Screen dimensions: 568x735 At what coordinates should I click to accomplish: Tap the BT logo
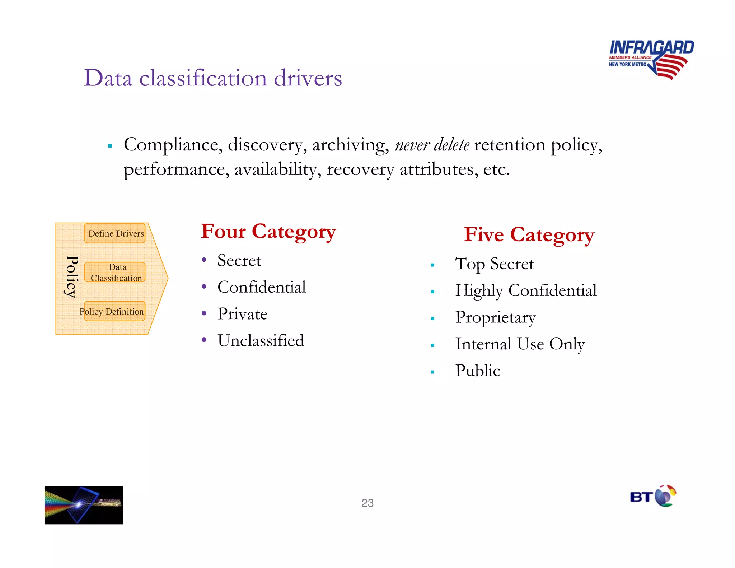coord(653,497)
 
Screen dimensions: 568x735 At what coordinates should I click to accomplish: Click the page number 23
coord(367,503)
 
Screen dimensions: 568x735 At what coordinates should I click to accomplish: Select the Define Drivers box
coord(115,233)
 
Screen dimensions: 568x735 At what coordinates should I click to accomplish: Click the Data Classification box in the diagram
coord(115,272)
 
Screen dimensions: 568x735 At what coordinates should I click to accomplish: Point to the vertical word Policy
coord(72,276)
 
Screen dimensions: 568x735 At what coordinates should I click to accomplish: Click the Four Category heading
coord(268,232)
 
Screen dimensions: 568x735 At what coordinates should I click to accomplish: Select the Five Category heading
coord(529,235)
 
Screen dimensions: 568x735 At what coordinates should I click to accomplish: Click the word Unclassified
coord(261,340)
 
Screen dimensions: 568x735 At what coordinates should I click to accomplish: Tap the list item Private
coord(242,314)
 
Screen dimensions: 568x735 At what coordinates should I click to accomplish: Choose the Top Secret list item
coord(494,264)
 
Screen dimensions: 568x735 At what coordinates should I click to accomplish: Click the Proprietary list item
coord(495,317)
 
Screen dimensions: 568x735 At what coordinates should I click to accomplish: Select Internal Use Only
coord(520,344)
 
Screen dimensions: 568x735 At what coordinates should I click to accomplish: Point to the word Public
coord(477,371)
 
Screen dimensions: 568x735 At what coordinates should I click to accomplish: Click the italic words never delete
coord(432,145)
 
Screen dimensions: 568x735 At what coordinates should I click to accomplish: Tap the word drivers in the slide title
coord(308,78)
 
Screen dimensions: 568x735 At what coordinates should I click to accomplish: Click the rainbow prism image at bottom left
coord(84,505)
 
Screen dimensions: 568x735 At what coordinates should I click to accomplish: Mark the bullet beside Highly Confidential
coord(432,292)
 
